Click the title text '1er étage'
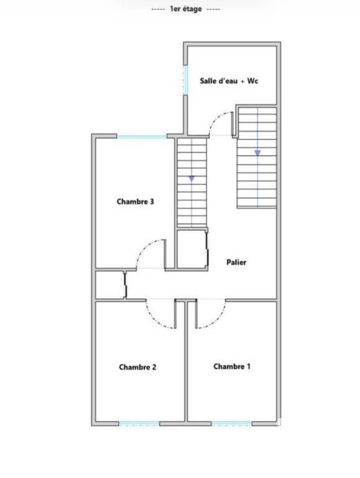tap(186, 9)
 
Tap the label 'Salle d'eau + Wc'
tap(229, 81)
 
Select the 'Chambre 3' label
tap(135, 202)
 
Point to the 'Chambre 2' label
tap(137, 367)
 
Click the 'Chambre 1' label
tap(232, 367)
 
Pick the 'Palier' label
tap(236, 262)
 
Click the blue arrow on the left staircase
tap(192, 179)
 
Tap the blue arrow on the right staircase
tap(257, 152)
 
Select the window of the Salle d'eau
tap(185, 80)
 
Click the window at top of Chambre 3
tap(142, 136)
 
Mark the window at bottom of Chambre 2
tap(139, 423)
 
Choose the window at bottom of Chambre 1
tap(232, 423)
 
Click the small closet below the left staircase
tap(192, 250)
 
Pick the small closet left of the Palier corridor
tap(109, 285)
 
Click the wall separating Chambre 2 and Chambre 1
tap(186, 361)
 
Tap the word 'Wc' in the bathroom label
tap(253, 81)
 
